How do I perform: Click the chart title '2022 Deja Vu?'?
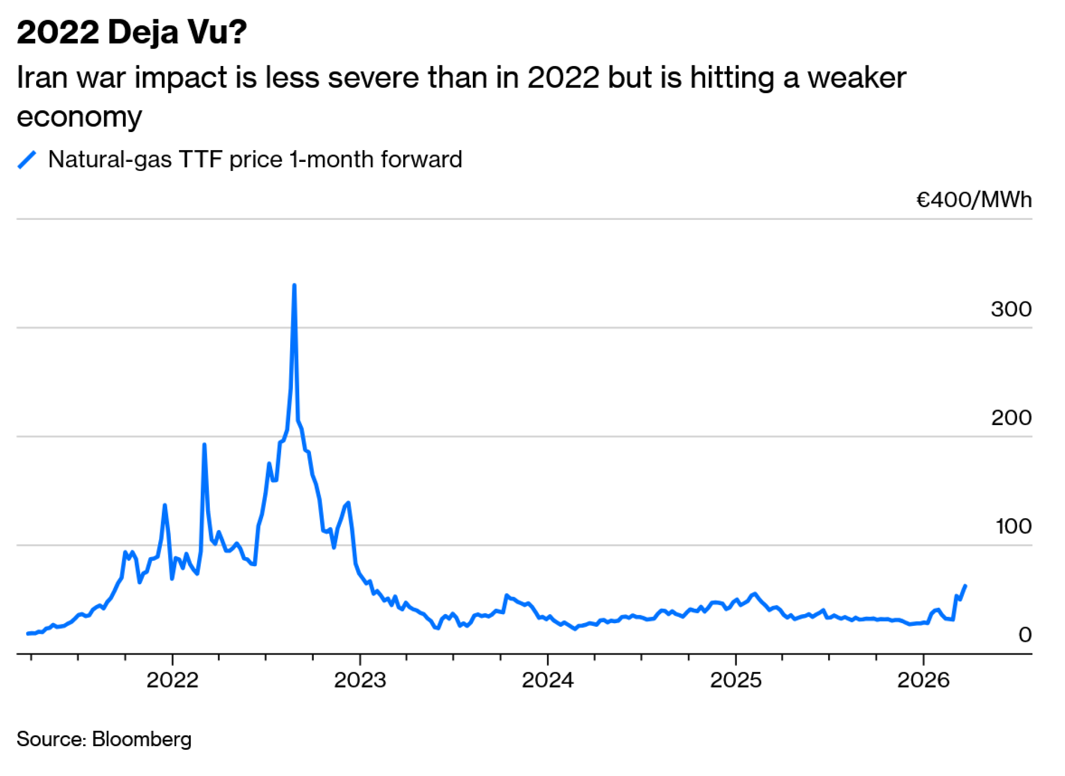132,32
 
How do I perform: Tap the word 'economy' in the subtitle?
79,117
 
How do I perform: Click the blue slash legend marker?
27,160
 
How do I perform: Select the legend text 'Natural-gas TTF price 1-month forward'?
255,160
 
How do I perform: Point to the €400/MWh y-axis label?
973,200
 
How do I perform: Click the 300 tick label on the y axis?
1011,309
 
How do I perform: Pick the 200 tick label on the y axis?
1011,418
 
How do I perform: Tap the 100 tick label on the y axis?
1013,527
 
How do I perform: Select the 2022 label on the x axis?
173,681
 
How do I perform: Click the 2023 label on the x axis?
360,681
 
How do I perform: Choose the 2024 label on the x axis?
547,681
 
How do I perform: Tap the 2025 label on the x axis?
735,681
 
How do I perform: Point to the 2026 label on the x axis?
923,681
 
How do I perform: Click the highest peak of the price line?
294,285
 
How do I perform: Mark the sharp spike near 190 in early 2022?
204,445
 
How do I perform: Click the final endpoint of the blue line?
965,586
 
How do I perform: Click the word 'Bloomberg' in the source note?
142,739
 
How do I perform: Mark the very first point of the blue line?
28,634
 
